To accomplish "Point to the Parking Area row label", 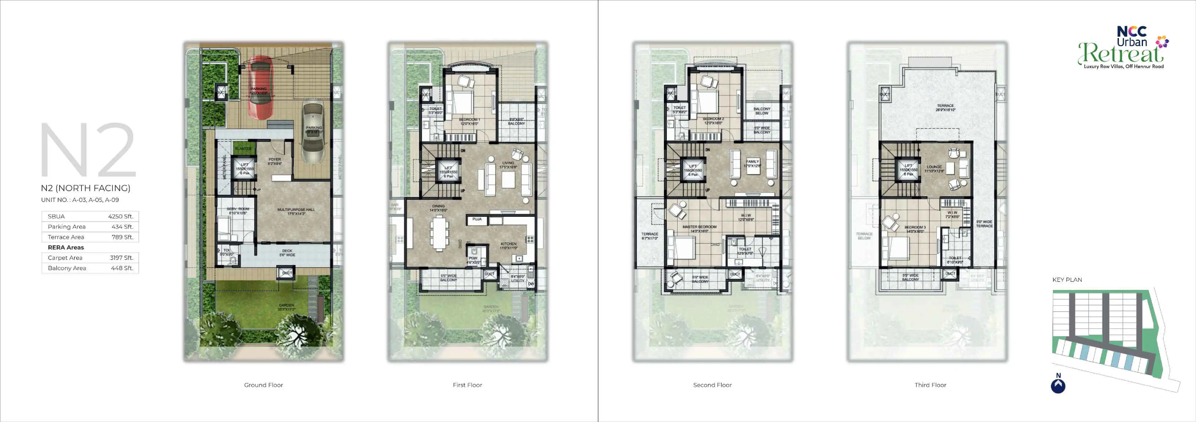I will point(66,227).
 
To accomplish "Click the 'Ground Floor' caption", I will point(263,385).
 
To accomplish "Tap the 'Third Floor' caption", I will point(930,385).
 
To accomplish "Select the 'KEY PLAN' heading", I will point(1067,279).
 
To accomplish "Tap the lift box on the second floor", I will point(693,170).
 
